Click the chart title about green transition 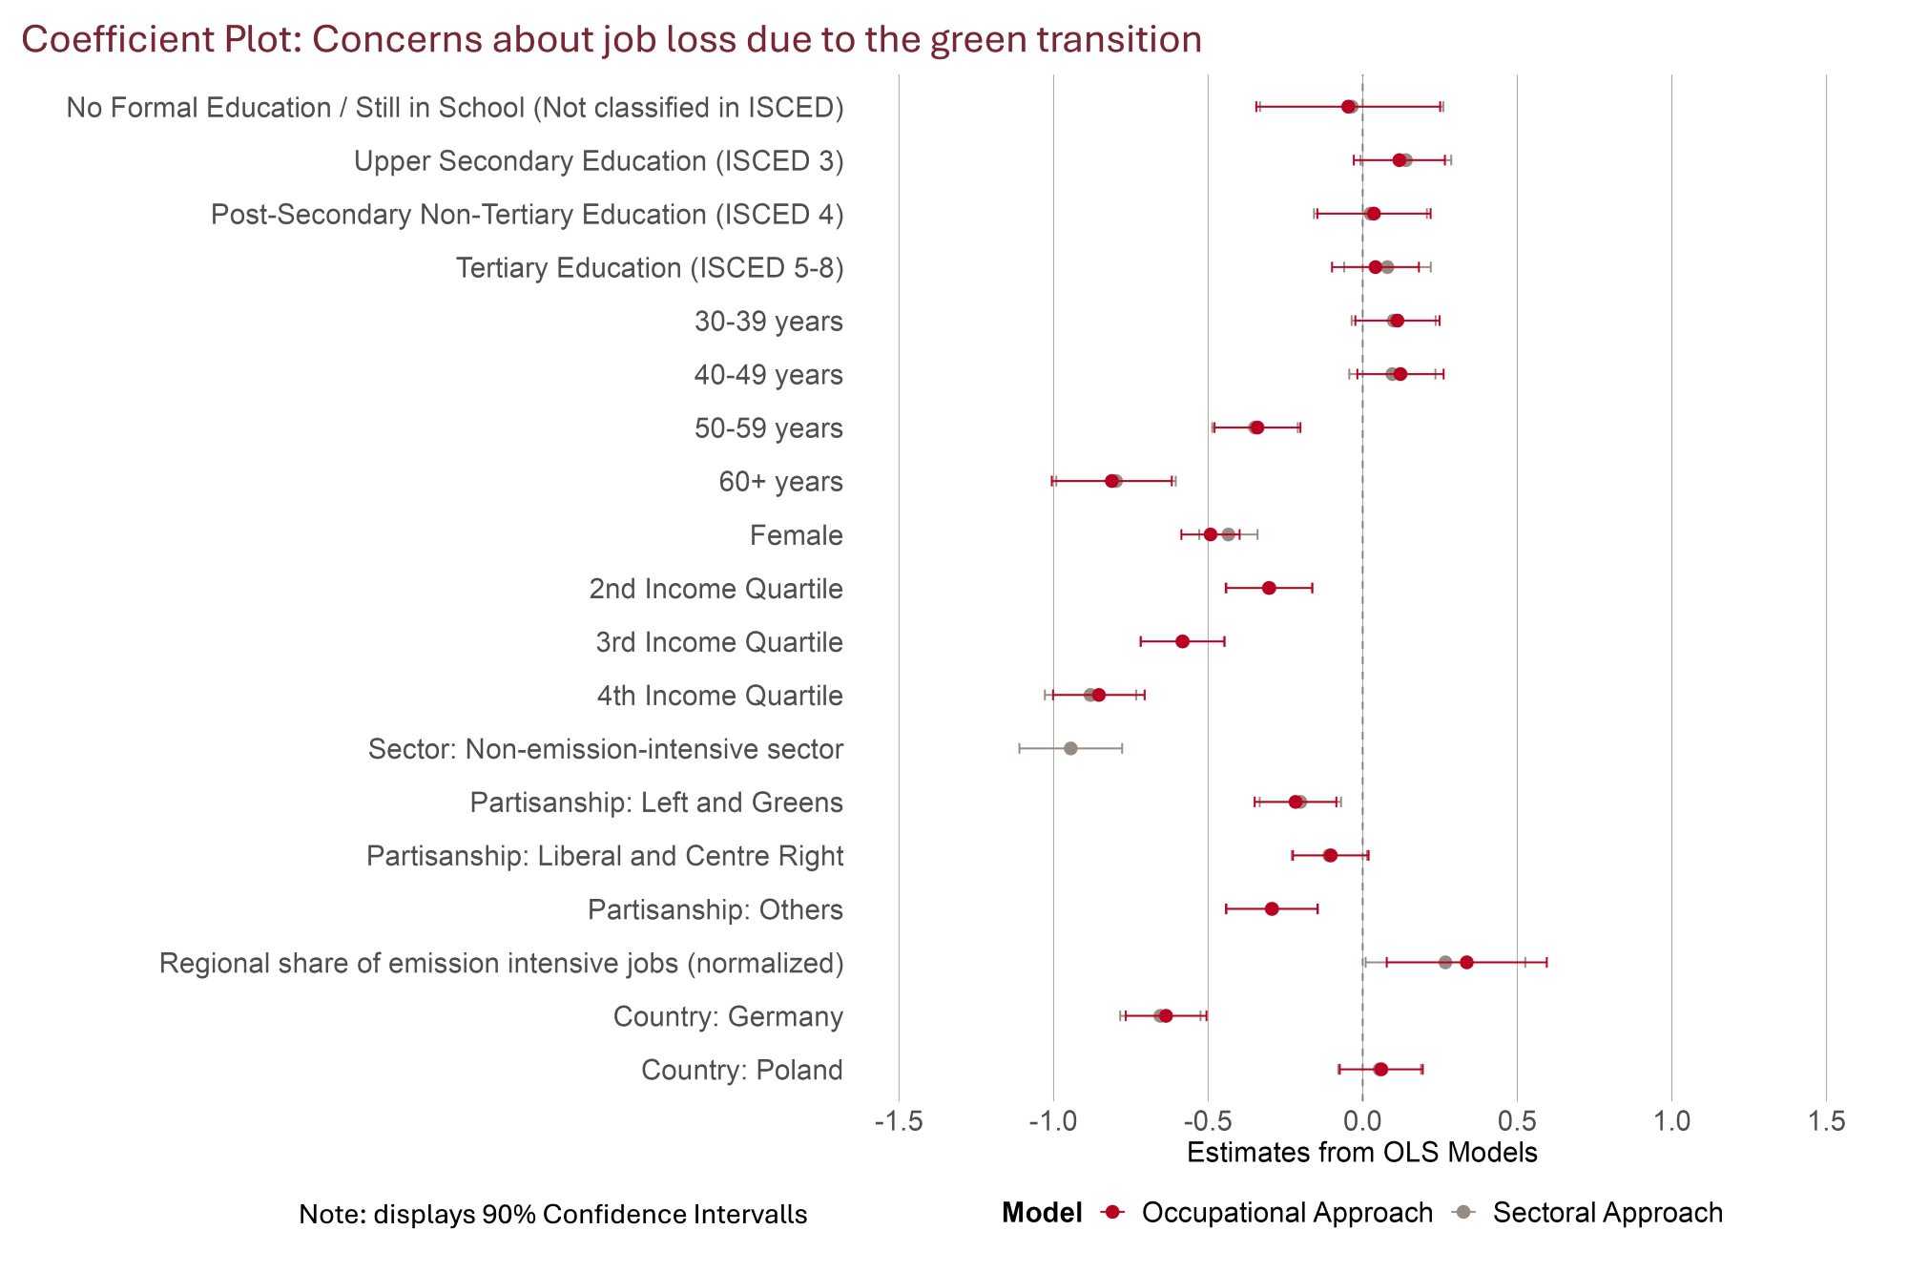pos(611,40)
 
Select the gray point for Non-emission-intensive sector pos(1070,748)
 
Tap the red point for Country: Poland pos(1380,1069)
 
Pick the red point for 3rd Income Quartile pos(1183,641)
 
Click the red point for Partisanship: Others pos(1272,908)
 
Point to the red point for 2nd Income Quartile pos(1269,588)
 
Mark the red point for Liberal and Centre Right pos(1330,855)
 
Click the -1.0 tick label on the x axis pos(1053,1122)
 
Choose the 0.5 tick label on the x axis pos(1517,1122)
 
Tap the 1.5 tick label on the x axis pos(1826,1122)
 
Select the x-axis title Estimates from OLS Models pos(1362,1153)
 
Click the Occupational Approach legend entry pos(1286,1213)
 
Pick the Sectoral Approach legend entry pos(1607,1213)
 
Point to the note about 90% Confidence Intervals pos(553,1215)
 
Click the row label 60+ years pos(780,482)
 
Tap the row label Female pos(796,535)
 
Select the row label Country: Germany pos(728,1017)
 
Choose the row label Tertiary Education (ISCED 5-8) pos(650,268)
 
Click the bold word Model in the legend pos(1042,1213)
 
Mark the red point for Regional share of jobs pos(1466,962)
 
